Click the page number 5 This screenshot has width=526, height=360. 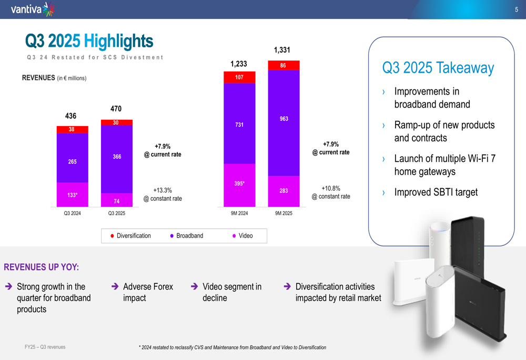click(x=517, y=9)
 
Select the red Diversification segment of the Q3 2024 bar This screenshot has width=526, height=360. click(x=72, y=129)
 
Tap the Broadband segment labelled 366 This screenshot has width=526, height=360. click(x=116, y=157)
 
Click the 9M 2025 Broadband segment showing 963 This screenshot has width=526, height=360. click(x=284, y=119)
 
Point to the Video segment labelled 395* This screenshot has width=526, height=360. click(x=239, y=184)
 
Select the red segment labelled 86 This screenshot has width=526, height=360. click(x=284, y=65)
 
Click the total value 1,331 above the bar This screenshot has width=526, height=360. click(x=282, y=50)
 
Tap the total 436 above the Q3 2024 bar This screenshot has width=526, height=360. click(x=70, y=116)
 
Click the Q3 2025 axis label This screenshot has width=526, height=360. click(x=116, y=213)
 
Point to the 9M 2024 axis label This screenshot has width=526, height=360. click(x=239, y=213)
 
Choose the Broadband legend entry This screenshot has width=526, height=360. click(x=187, y=236)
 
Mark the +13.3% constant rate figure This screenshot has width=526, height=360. click(x=163, y=190)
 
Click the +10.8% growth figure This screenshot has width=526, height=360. click(x=331, y=188)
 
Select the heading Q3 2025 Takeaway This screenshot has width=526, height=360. click(x=438, y=68)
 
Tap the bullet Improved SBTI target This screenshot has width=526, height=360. click(x=436, y=192)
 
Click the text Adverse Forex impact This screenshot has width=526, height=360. click(x=148, y=292)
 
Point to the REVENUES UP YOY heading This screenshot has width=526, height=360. click(x=42, y=268)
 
